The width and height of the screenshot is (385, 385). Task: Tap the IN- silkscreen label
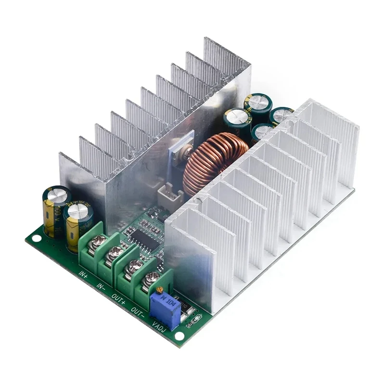tap(101, 287)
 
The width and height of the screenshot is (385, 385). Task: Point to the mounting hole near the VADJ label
tap(179, 335)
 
